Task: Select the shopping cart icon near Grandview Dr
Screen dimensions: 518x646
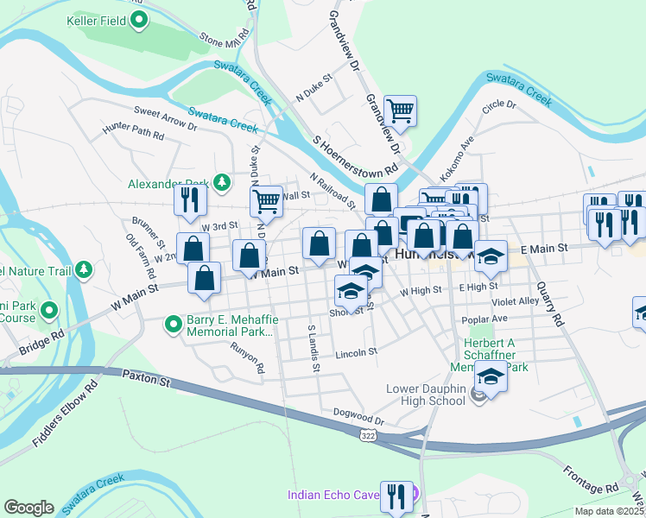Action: point(400,111)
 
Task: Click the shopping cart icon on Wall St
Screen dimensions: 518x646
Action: point(267,202)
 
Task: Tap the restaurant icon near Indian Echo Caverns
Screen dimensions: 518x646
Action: point(396,496)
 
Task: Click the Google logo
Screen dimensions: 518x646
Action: point(28,508)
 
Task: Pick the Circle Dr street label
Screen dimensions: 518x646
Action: point(499,105)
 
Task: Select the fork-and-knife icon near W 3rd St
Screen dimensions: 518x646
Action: point(188,200)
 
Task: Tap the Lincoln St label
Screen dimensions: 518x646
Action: point(357,352)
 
